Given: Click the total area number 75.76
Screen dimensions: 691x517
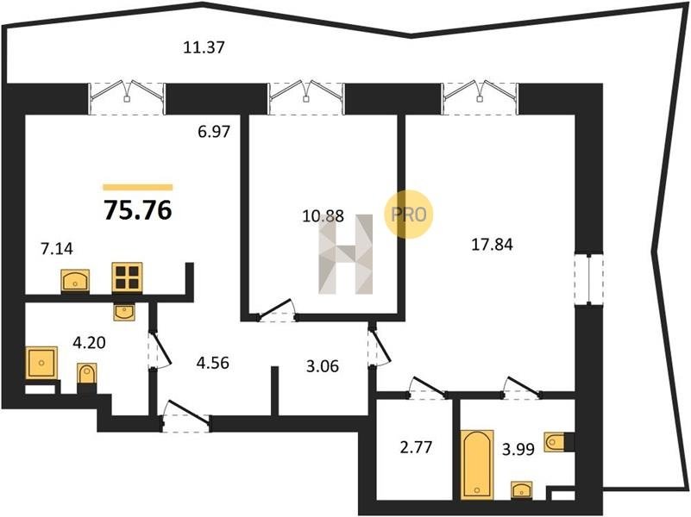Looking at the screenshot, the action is tap(137, 210).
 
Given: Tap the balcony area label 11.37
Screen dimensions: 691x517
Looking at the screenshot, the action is tap(204, 47).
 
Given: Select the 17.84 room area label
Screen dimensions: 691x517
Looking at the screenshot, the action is tap(493, 244).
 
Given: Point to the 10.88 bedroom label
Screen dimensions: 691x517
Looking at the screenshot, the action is tap(324, 216).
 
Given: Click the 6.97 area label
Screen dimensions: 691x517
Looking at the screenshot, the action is tap(214, 131).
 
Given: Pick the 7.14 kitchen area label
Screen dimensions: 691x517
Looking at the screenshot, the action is tap(57, 249).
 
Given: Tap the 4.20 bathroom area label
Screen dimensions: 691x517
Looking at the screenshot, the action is tap(89, 342).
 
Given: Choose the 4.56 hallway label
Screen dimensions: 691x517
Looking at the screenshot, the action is tap(213, 363).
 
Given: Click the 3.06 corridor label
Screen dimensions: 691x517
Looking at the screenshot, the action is tap(323, 365).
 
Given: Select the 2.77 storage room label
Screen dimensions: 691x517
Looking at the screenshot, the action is tap(416, 447).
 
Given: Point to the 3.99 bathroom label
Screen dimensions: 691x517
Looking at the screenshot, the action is tap(518, 449).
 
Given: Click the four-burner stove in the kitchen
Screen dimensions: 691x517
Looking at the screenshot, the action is tap(127, 277).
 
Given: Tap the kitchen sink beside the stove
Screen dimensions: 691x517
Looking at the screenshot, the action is tap(75, 280).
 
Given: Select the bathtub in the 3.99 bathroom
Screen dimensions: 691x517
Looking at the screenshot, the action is tap(477, 464).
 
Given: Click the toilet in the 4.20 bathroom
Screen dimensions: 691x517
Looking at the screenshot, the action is tap(87, 375).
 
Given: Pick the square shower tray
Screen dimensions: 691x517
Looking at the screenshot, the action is tap(42, 363).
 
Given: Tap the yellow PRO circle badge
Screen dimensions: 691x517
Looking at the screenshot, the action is tap(409, 215).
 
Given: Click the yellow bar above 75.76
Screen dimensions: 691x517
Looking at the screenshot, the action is tap(137, 188).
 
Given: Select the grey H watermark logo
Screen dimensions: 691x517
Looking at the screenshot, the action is tap(346, 254).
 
